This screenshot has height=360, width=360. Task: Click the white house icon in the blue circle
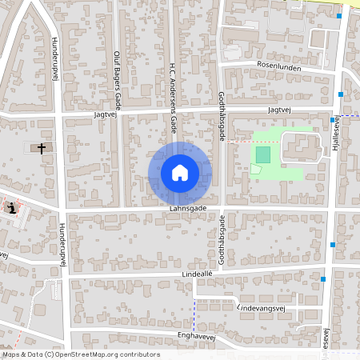[x=180, y=172]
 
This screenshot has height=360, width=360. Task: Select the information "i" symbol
[x=12, y=208]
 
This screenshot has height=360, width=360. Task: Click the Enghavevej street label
[x=198, y=335]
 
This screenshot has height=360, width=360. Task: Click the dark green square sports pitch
[x=262, y=153]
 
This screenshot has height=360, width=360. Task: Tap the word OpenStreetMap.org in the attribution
[x=92, y=354]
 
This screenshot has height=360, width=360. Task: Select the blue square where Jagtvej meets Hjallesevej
[x=333, y=119]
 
